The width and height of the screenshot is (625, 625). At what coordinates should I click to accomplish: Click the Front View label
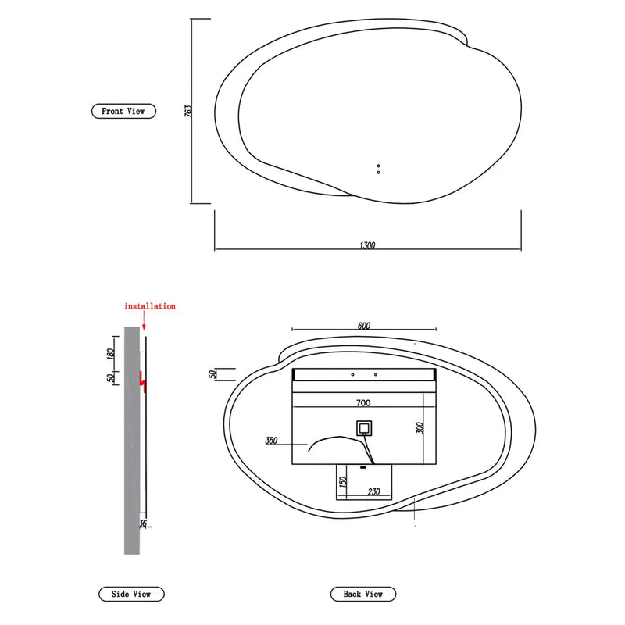123,111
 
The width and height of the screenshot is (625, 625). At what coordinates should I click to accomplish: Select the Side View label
131,595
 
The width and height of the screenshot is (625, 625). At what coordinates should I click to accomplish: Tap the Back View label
363,595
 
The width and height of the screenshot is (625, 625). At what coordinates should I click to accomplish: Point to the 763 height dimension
188,111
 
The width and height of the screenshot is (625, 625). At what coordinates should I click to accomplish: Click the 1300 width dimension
367,245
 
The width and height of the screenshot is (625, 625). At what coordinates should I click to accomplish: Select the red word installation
150,306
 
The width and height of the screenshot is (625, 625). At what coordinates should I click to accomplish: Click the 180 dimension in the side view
111,354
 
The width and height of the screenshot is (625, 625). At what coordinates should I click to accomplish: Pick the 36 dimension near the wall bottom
142,523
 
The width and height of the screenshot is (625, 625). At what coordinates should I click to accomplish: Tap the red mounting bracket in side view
142,380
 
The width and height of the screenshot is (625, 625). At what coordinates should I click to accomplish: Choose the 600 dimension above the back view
363,326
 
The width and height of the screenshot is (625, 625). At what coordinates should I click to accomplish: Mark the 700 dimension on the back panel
363,403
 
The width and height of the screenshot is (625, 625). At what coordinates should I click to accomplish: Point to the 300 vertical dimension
420,428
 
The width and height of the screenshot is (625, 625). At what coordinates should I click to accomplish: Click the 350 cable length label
272,441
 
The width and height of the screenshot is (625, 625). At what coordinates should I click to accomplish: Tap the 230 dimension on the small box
373,491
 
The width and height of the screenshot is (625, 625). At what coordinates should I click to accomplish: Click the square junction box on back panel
364,428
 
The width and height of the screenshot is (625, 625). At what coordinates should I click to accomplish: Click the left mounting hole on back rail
353,375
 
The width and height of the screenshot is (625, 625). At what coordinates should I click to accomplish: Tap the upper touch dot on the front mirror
378,166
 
